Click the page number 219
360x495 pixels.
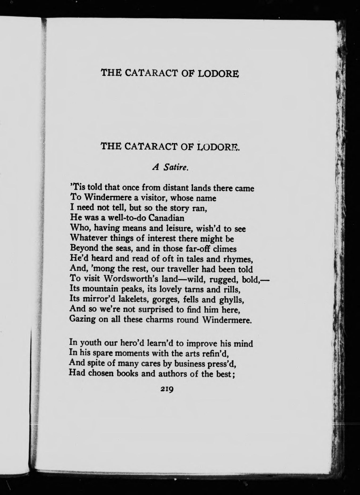click(x=167, y=389)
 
